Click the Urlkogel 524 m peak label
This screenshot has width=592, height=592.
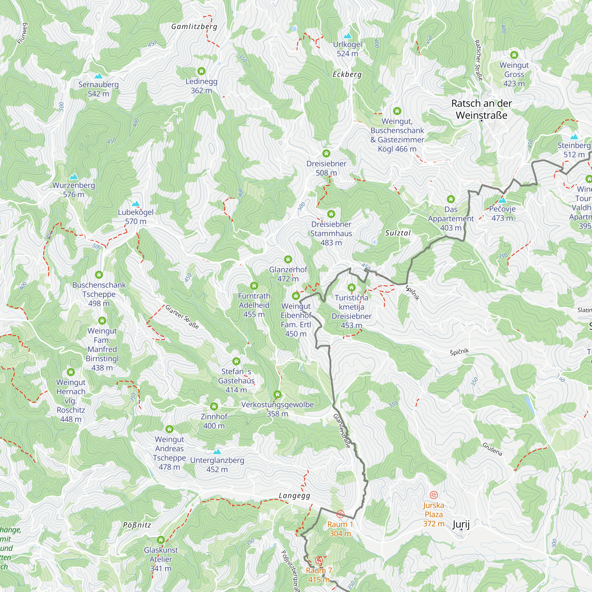pyautogui.click(x=347, y=49)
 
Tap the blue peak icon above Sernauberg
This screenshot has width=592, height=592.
pyautogui.click(x=98, y=76)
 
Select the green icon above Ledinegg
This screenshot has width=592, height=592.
pyautogui.click(x=201, y=71)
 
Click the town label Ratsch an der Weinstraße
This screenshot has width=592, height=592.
pyautogui.click(x=481, y=110)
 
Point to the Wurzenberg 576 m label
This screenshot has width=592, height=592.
pyautogui.click(x=73, y=190)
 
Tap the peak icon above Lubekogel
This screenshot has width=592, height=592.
pyautogui.click(x=136, y=204)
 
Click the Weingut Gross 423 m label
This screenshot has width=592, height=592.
pyautogui.click(x=514, y=75)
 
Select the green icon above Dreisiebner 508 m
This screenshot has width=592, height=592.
pyautogui.click(x=326, y=153)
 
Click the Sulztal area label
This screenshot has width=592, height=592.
pyautogui.click(x=398, y=233)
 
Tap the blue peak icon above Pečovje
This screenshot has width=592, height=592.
pyautogui.click(x=502, y=200)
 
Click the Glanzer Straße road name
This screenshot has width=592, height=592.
pyautogui.click(x=182, y=317)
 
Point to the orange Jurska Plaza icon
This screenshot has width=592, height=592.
pyautogui.click(x=434, y=495)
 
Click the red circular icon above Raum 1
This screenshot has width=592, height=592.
pyautogui.click(x=340, y=514)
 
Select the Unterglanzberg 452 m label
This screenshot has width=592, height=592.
pyautogui.click(x=217, y=464)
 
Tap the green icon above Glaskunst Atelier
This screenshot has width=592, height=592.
pyautogui.click(x=161, y=540)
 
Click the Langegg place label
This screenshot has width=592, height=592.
pyautogui.click(x=295, y=496)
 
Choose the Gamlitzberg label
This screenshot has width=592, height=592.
pyautogui.click(x=194, y=27)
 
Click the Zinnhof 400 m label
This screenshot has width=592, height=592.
pyautogui.click(x=214, y=421)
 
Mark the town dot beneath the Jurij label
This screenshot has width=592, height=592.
pyautogui.click(x=461, y=529)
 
